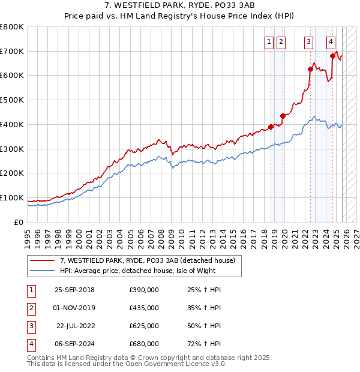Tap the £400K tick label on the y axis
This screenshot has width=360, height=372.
pos(12,124)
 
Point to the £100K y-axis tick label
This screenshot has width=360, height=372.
pos(12,197)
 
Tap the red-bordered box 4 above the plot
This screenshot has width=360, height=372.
pos(331,41)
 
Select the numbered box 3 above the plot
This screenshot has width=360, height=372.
pos(308,41)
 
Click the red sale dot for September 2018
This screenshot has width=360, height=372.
pos(271,127)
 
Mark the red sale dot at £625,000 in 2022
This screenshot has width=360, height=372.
pos(311,69)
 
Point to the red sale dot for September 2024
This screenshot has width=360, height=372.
pos(332,56)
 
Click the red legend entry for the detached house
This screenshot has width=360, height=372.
pos(150,260)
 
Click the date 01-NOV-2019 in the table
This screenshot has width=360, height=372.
pos(74,308)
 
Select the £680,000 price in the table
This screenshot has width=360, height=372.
pos(143,344)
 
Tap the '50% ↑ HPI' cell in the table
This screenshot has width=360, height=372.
pos(204,326)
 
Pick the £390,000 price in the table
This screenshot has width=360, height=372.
pos(143,290)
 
